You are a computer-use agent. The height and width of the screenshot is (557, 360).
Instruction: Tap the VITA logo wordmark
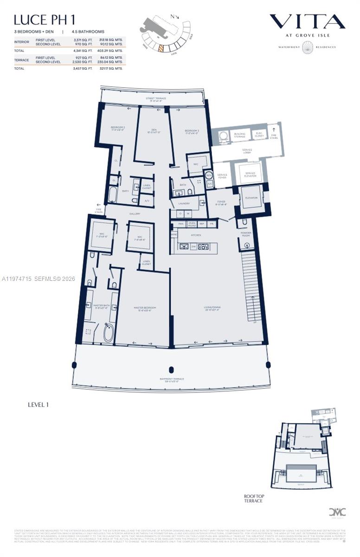(x=307, y=21)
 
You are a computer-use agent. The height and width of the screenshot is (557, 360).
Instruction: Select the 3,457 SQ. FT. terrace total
(x=82, y=68)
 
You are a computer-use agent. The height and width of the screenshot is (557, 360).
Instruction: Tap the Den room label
(x=153, y=131)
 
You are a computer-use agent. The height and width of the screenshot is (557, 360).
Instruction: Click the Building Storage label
(x=239, y=135)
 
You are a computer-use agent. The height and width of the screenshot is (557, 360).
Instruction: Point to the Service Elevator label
(x=250, y=175)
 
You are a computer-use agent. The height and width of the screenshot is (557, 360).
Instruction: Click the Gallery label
(x=135, y=214)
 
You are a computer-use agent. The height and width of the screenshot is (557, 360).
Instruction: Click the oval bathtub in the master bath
(x=109, y=332)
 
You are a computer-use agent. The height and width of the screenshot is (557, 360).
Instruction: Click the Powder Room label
(x=246, y=234)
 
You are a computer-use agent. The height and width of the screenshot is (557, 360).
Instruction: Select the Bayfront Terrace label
(x=172, y=380)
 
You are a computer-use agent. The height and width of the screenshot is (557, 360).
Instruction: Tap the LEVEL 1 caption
(x=38, y=405)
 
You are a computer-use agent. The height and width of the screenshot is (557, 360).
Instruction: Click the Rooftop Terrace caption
(x=254, y=499)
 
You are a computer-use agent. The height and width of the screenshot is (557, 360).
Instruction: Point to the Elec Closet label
(x=259, y=135)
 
